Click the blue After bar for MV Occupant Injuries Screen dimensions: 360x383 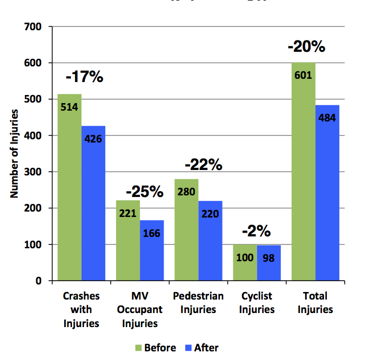152,250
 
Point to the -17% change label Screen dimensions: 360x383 84,77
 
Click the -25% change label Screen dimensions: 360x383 144,191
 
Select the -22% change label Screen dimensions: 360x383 204,165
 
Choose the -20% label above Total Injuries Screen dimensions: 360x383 306,47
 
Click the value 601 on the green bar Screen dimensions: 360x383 303,75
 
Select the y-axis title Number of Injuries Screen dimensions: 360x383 16,153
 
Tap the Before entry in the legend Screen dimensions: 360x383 155,348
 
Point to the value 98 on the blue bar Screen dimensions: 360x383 268,257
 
